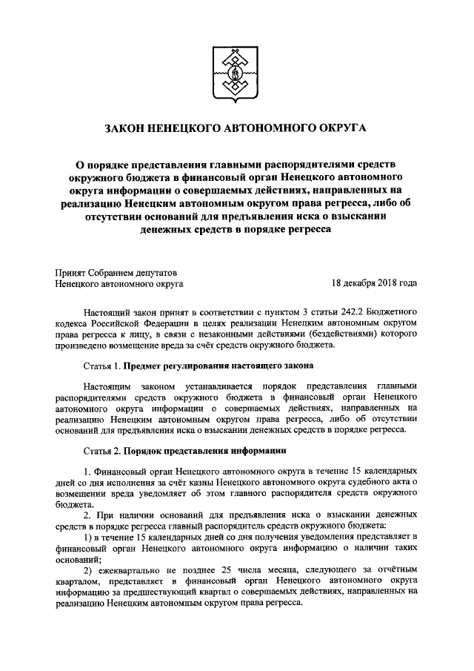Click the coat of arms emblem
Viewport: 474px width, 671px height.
237,72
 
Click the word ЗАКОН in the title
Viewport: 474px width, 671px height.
130,128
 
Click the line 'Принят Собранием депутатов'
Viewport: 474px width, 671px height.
116,271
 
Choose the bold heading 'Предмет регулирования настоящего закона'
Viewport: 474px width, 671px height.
218,366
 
